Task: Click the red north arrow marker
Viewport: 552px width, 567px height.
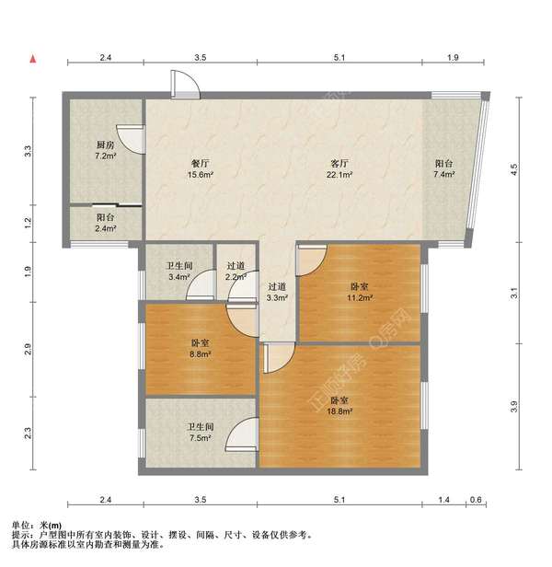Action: (33, 59)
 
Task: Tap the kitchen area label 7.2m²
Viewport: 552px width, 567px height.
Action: (106, 156)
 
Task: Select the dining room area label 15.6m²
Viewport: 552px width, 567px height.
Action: (201, 175)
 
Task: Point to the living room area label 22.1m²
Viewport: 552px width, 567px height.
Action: (339, 175)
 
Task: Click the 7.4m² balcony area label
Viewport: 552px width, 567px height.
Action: (444, 174)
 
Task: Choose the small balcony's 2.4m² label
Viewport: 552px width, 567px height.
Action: (106, 228)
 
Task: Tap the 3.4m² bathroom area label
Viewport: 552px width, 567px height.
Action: (179, 277)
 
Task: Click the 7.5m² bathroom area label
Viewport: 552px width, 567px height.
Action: (201, 438)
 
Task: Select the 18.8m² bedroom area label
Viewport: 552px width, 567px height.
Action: (339, 411)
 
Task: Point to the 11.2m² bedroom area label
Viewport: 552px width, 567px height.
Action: (360, 297)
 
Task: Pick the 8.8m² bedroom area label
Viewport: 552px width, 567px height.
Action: (201, 354)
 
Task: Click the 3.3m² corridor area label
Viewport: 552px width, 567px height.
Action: (277, 298)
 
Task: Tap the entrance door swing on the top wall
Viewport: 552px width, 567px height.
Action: (185, 85)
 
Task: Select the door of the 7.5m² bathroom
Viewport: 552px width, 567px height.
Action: (241, 434)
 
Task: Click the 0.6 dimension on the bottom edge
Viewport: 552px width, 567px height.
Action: (476, 500)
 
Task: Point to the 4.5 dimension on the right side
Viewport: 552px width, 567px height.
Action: (514, 169)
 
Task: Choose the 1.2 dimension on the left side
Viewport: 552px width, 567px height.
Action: (29, 223)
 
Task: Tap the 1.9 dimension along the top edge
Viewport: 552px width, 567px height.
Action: (453, 57)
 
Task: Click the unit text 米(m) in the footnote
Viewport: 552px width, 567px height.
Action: (51, 526)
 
